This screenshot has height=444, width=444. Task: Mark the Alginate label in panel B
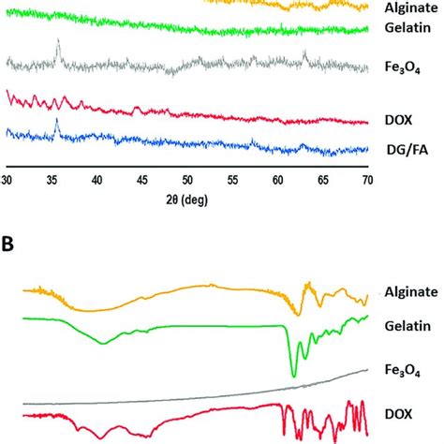tap(410, 292)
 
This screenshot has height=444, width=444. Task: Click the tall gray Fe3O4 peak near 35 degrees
tap(58, 42)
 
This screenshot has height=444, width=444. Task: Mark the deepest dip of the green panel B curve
tap(294, 376)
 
